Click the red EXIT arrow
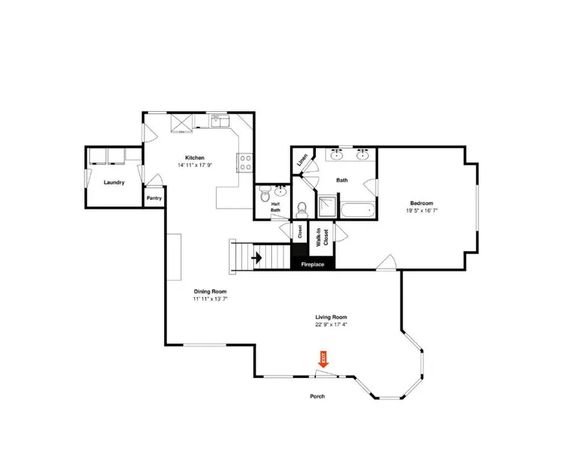pos(323,359)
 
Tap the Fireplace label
pos(313,265)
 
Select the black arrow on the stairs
pos(257,258)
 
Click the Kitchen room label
pos(195,157)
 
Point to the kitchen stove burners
pos(246,163)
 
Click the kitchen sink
pos(220,121)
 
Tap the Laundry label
pos(114,182)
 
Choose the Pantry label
pos(154,198)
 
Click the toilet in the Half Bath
pos(265,194)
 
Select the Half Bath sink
pos(281,191)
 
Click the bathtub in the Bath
pos(357,209)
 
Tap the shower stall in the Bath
pos(327,206)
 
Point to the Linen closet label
pos(302,160)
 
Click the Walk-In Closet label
pos(323,237)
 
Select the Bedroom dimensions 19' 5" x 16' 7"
pos(422,210)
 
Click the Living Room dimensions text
pos(331,324)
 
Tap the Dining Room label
pos(210,291)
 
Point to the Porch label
pos(317,396)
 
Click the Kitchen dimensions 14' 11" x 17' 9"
pos(195,165)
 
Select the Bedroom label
pos(422,203)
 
